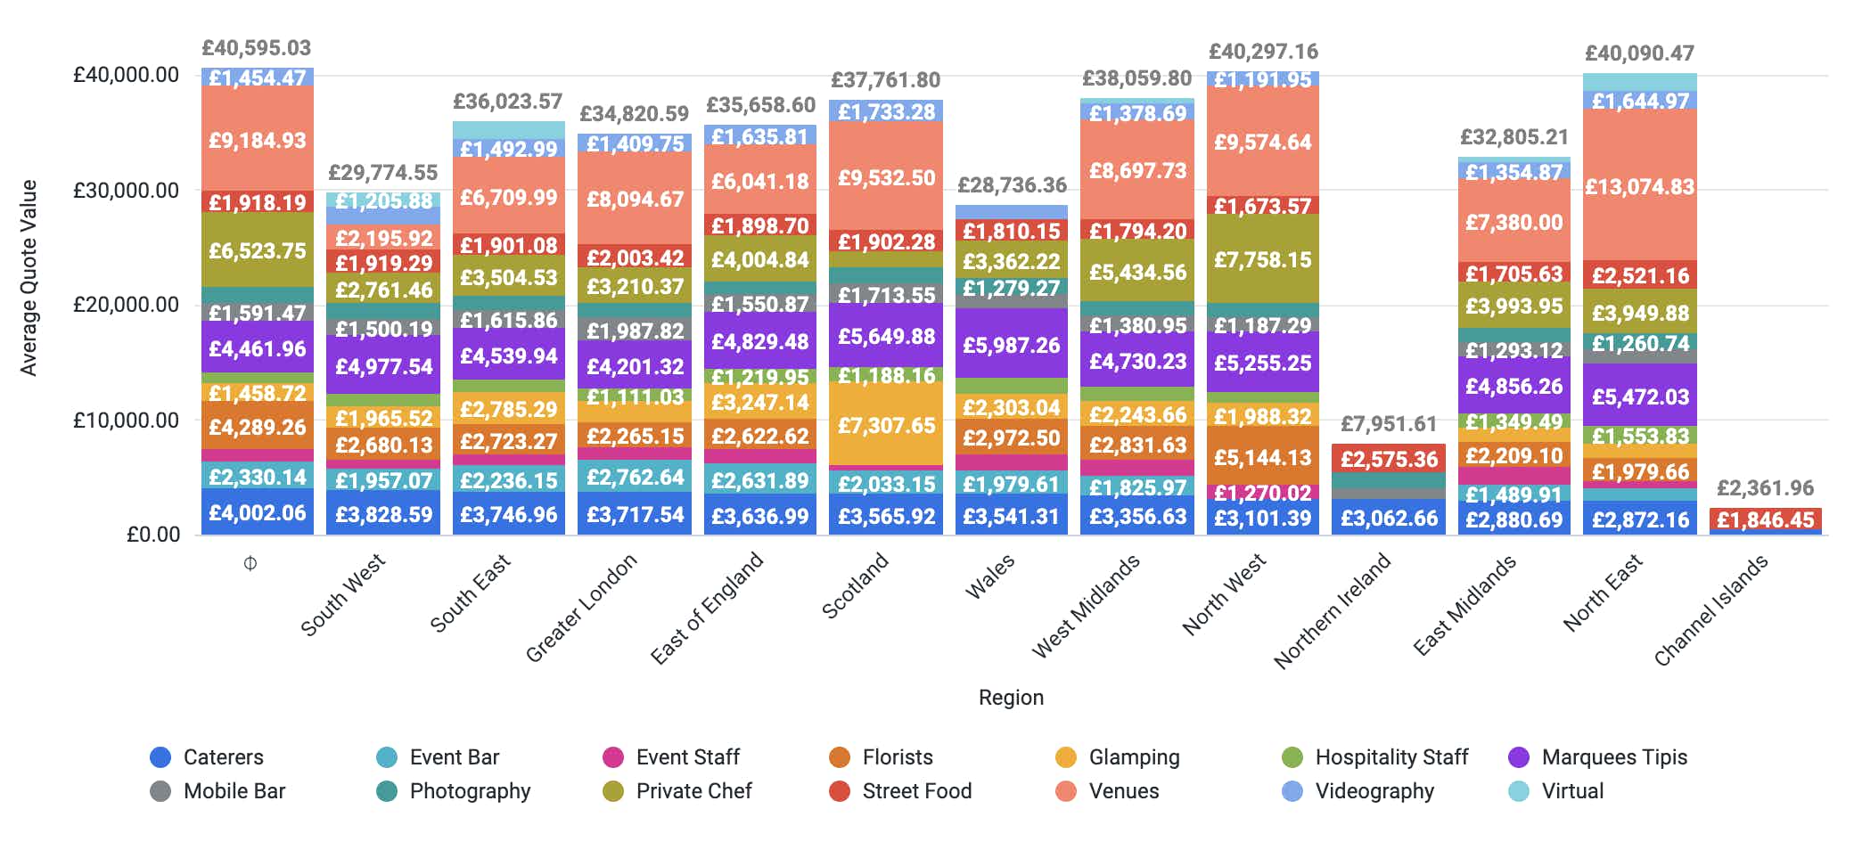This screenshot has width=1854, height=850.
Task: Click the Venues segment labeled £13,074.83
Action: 1640,186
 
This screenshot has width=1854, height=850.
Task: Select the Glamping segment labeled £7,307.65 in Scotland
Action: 886,425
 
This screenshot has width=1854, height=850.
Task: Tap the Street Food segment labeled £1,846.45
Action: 1765,519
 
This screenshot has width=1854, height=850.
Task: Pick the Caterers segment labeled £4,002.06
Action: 258,512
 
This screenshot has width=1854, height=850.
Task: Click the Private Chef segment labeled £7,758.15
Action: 1262,259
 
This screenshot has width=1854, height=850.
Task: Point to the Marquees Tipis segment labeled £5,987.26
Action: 1011,344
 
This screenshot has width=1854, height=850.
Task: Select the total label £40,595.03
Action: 257,48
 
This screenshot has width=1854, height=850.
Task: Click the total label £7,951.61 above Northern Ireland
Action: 1389,424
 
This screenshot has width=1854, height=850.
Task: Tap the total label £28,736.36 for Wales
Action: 1012,185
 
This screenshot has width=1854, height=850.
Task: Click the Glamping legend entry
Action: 1133,757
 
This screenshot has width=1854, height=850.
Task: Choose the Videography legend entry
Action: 1374,791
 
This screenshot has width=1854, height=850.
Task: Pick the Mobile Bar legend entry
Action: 234,791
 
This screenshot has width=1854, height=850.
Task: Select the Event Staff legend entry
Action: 686,757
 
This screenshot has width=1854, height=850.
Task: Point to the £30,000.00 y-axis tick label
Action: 126,190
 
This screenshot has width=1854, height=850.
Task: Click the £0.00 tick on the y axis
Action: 153,534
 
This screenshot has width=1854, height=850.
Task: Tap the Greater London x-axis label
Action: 582,608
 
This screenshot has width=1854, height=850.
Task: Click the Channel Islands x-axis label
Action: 1710,610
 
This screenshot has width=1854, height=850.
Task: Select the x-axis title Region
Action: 1011,698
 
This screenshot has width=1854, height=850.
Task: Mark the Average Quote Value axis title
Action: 29,278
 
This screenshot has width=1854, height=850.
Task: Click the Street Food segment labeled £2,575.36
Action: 1389,459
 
